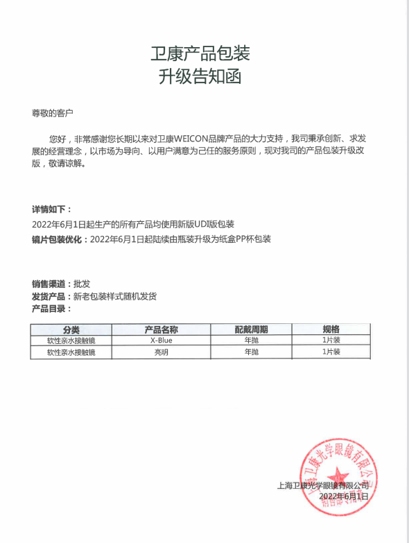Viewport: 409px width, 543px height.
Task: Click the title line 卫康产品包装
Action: point(200,53)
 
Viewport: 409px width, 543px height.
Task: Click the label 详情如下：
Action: point(51,209)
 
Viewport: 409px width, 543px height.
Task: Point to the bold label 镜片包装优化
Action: point(58,239)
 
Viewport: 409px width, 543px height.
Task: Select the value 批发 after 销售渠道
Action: point(82,284)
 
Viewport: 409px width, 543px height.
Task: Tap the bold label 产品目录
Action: point(49,309)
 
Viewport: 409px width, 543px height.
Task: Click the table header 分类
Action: point(71,329)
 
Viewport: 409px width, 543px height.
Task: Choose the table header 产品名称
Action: point(161,329)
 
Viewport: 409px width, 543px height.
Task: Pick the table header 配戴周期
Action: point(251,329)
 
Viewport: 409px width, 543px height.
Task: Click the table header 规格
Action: point(331,329)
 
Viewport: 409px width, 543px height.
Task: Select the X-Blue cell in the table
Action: point(161,341)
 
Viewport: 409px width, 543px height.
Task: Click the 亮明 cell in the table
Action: point(161,352)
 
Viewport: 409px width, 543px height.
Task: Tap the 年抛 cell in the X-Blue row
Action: point(251,341)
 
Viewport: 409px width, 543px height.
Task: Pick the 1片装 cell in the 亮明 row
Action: point(331,352)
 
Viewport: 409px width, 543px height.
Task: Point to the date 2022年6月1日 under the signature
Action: point(344,497)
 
